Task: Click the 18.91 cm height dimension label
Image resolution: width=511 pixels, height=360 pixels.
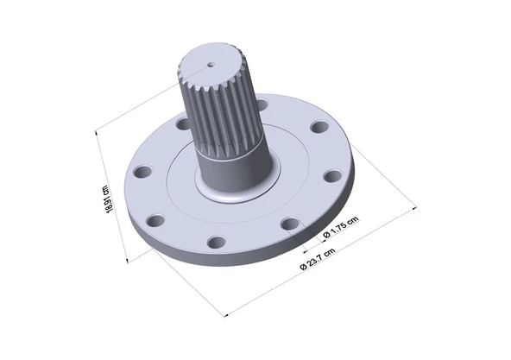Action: [x=109, y=199]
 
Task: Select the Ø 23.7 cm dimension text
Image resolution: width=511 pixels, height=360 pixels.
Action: [x=317, y=259]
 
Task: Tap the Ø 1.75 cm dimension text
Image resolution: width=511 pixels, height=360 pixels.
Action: [x=341, y=227]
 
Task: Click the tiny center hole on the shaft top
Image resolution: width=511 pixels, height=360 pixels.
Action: [x=211, y=65]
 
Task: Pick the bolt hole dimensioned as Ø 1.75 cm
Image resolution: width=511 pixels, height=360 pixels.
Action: [x=290, y=224]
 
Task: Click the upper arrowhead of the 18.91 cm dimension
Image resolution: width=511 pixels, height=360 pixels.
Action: [x=97, y=133]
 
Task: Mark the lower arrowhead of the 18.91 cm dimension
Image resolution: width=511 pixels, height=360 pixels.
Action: [x=127, y=259]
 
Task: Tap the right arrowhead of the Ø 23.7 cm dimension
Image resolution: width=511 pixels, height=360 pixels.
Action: [x=414, y=207]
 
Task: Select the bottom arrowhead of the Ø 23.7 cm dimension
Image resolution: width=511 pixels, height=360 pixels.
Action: [x=227, y=314]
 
